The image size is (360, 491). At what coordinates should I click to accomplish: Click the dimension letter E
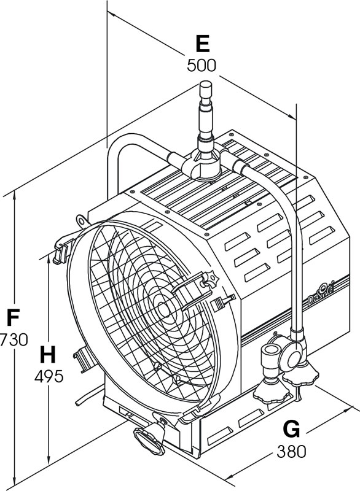202,44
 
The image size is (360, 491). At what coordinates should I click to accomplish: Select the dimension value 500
202,66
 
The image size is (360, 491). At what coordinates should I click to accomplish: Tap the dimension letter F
13,317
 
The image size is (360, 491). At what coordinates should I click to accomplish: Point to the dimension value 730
14,340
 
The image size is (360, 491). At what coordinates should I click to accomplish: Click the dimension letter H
48,355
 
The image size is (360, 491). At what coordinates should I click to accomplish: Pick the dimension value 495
49,376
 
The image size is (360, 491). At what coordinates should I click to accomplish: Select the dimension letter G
291,429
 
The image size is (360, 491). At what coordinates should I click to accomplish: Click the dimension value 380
291,452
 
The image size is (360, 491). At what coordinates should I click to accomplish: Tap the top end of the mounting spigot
206,83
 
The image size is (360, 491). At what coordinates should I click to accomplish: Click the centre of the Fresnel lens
163,309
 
